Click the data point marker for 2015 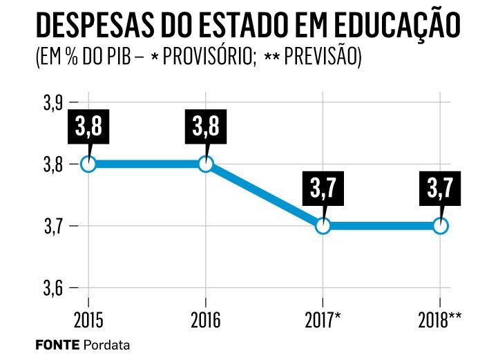click(x=88, y=164)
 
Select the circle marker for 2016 click(x=206, y=164)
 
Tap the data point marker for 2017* click(x=323, y=225)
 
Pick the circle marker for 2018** click(x=440, y=225)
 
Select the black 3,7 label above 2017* click(x=323, y=190)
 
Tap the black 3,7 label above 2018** click(x=440, y=190)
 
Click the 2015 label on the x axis click(x=88, y=319)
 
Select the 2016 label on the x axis click(x=206, y=319)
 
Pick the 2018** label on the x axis click(x=441, y=319)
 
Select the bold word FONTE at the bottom click(x=57, y=344)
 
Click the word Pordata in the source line click(x=107, y=344)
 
